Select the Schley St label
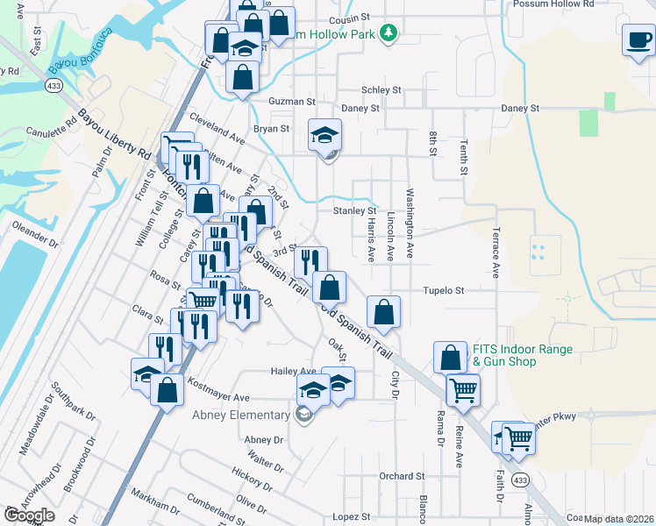click(x=381, y=90)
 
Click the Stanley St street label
click(x=354, y=211)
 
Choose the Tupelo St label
click(x=443, y=290)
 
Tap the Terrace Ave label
click(x=496, y=253)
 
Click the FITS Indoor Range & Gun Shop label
click(x=523, y=355)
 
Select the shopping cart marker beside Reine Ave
click(x=462, y=388)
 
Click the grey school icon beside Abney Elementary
click(x=304, y=416)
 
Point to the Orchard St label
click(x=402, y=476)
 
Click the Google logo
click(x=30, y=515)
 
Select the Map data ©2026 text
click(x=619, y=519)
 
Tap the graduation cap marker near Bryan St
click(x=324, y=135)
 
